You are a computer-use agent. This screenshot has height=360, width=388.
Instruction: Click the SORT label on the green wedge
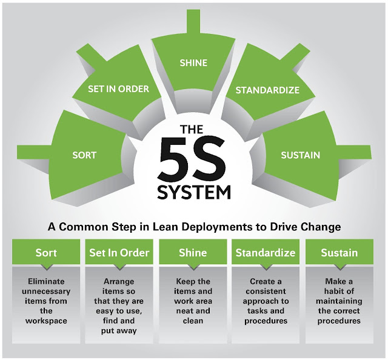[x=84, y=155]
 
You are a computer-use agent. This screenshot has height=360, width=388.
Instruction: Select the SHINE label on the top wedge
[x=193, y=62]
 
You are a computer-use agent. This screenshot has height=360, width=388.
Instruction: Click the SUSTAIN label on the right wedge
[x=300, y=155]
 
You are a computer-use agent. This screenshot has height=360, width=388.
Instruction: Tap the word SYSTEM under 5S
[x=193, y=192]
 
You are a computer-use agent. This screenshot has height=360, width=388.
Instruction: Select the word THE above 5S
[x=193, y=129]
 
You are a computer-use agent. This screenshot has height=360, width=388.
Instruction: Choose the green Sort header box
[x=46, y=252]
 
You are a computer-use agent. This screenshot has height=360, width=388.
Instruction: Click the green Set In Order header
[x=119, y=252]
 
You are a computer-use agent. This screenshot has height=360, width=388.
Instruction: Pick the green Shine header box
[x=192, y=252]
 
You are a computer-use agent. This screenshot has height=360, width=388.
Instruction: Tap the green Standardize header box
[x=266, y=252]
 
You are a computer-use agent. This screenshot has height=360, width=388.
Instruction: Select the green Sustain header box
[x=339, y=252]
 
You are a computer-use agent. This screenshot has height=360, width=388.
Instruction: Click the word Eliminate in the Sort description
[x=46, y=282]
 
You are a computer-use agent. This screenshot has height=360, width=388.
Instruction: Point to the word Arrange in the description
[x=119, y=282]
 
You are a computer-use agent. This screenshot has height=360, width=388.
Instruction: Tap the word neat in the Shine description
[x=181, y=311]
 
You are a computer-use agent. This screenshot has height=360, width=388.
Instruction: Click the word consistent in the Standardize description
[x=266, y=292]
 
